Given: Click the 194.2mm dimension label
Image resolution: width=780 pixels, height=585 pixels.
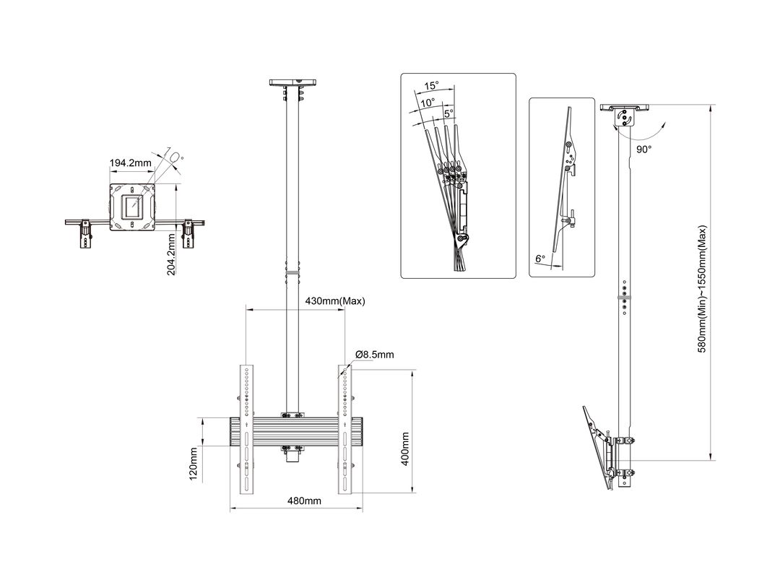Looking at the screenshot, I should point(130,163).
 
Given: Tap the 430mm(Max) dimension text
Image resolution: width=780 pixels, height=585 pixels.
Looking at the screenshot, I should point(335,301).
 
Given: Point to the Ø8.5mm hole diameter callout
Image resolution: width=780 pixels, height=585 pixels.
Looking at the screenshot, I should point(375,355).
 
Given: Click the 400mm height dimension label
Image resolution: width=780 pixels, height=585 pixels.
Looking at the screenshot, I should point(406,448).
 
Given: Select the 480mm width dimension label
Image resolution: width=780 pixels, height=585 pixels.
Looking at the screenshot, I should point(303,500).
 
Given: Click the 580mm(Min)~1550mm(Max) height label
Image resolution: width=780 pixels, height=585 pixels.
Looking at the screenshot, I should point(701,288).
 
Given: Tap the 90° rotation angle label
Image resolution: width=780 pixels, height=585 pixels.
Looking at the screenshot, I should point(644,149).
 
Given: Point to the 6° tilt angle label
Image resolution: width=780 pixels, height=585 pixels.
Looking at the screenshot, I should point(539,259).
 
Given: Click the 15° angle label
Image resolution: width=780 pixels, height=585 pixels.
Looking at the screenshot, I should point(432,85).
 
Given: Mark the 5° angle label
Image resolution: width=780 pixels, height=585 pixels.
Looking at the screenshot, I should point(448,113).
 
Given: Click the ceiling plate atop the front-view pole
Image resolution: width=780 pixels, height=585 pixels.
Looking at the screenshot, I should point(293,83).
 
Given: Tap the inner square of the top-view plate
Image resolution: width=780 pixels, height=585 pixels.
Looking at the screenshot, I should point(131,208).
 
